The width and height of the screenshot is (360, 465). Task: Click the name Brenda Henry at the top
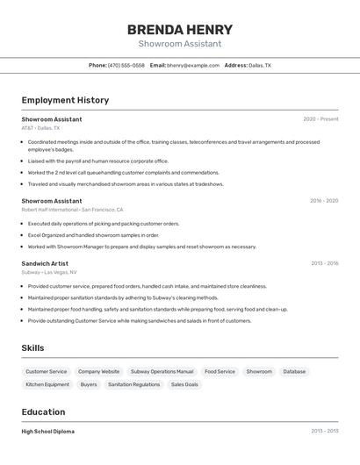[180, 29]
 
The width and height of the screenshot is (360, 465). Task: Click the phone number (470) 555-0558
[126, 65]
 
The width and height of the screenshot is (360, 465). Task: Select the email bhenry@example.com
[193, 65]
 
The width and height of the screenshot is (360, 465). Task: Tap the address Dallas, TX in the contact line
[260, 65]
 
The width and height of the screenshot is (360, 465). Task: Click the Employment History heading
[65, 100]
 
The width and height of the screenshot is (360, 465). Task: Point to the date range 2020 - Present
[320, 118]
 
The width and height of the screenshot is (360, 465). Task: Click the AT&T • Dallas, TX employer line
[40, 128]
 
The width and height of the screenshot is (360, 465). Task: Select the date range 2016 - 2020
[323, 200]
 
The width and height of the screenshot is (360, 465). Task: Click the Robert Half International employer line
[72, 210]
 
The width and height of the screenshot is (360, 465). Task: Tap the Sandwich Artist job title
[44, 263]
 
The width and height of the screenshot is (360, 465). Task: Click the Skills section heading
[32, 348]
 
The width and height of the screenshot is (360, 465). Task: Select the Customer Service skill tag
[46, 371]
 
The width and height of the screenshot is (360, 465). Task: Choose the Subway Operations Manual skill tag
[161, 371]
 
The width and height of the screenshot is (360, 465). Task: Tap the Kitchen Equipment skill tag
[47, 384]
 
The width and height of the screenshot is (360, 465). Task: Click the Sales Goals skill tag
[184, 384]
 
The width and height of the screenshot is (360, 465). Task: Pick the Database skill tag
[294, 371]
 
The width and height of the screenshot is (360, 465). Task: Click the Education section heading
[43, 412]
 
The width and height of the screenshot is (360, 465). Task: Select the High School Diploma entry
[47, 431]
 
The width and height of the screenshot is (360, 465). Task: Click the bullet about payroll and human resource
[97, 161]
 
